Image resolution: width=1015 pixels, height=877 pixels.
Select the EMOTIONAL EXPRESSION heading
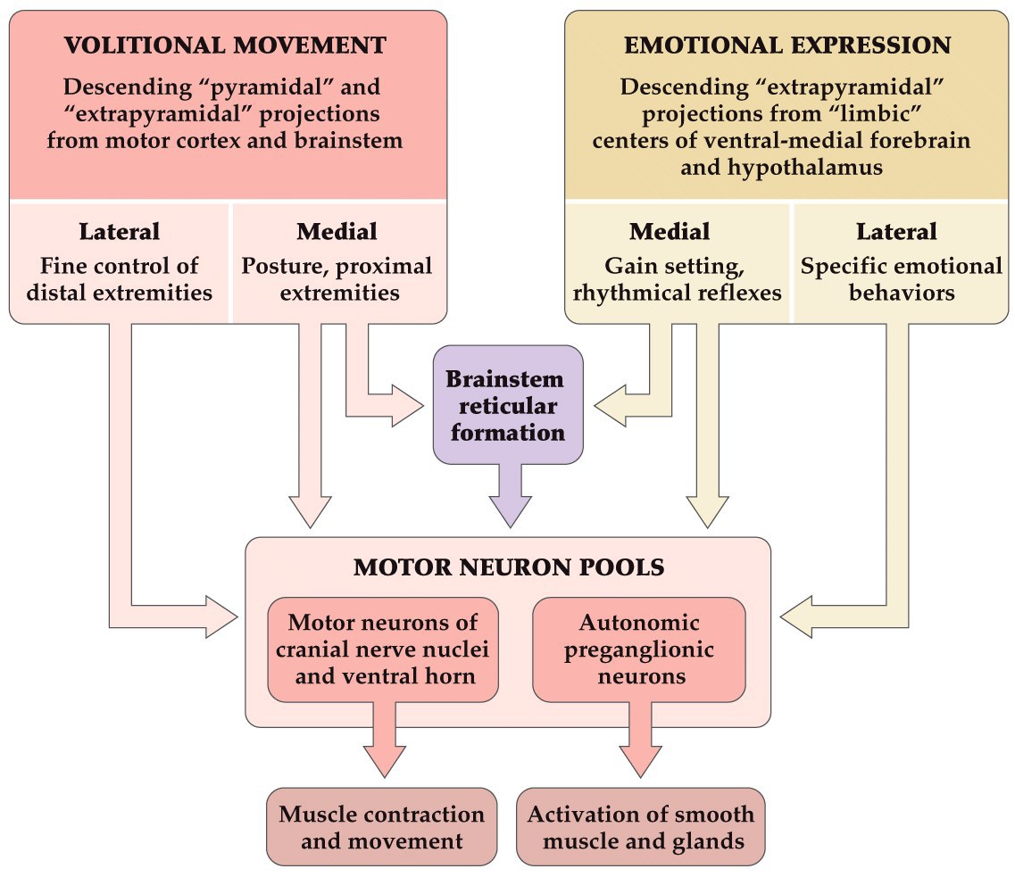coord(787,46)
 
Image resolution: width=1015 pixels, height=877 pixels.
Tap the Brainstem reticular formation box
coord(506,406)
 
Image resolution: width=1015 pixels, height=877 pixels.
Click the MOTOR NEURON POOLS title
coord(508,567)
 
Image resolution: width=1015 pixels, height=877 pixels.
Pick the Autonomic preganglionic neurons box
coord(638,649)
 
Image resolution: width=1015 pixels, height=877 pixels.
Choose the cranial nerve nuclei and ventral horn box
coord(383,649)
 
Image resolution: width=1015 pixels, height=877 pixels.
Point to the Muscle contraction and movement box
coord(382,826)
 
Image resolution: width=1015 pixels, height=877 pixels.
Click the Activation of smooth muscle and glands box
coord(640,826)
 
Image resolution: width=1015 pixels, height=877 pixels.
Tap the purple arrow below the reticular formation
coord(506,495)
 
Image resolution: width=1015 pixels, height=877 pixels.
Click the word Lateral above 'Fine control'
coord(119,232)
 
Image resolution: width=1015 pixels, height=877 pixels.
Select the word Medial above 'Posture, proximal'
coord(337,232)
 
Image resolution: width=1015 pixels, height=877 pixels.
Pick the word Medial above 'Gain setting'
coord(670,232)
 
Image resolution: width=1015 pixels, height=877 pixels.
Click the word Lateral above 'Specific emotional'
coord(896,232)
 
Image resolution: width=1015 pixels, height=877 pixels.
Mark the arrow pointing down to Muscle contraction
coord(384,740)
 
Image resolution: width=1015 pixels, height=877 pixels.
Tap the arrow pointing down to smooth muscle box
coord(639,740)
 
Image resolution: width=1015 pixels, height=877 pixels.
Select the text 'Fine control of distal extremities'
coord(119,279)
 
